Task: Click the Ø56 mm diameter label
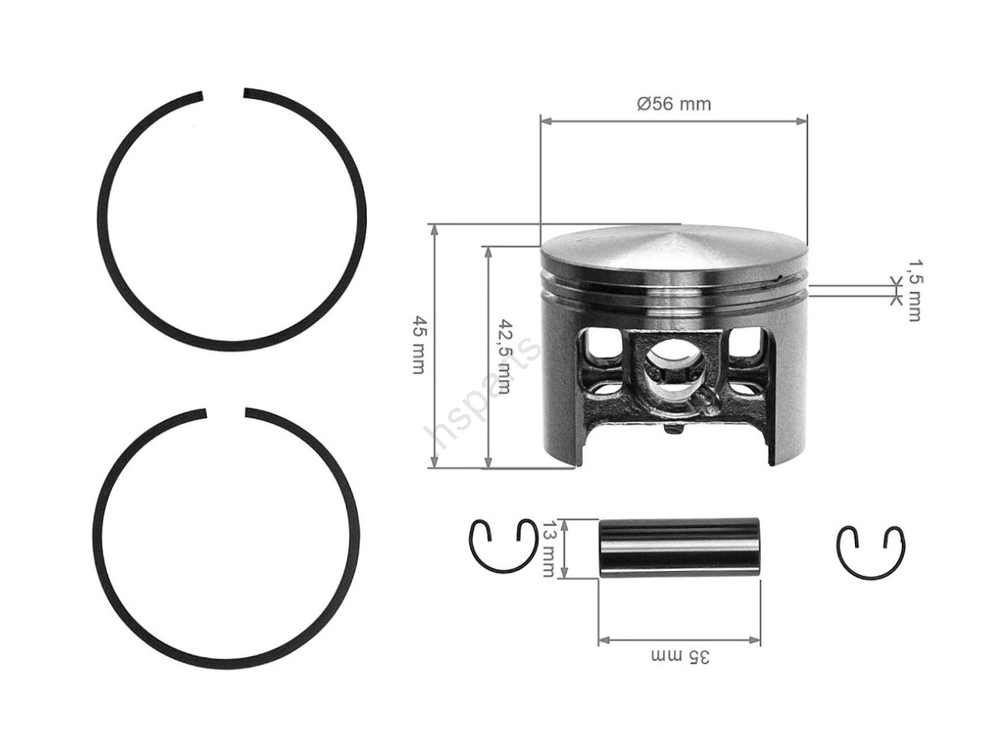[673, 104]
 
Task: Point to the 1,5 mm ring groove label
[914, 291]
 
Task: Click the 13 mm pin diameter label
[547, 548]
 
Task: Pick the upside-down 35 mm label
[680, 657]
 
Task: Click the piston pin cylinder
[679, 548]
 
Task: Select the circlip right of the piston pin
[870, 552]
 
